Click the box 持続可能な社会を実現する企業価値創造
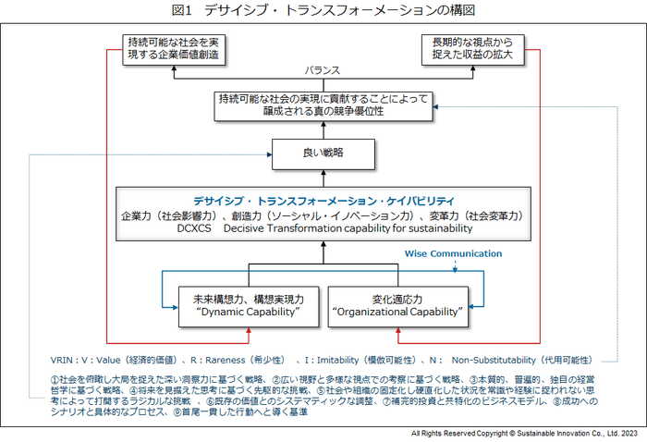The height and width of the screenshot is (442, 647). (174, 48)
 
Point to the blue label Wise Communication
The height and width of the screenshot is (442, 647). (453, 253)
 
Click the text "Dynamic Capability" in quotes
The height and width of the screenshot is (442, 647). (242, 314)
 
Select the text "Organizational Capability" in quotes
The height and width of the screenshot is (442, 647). (397, 314)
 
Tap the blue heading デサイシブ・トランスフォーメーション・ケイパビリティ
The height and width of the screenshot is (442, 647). (323, 200)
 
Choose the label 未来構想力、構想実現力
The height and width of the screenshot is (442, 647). (242, 299)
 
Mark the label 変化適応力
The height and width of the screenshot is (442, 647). (397, 299)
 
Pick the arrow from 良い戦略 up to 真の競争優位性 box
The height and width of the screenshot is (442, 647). (323, 129)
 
